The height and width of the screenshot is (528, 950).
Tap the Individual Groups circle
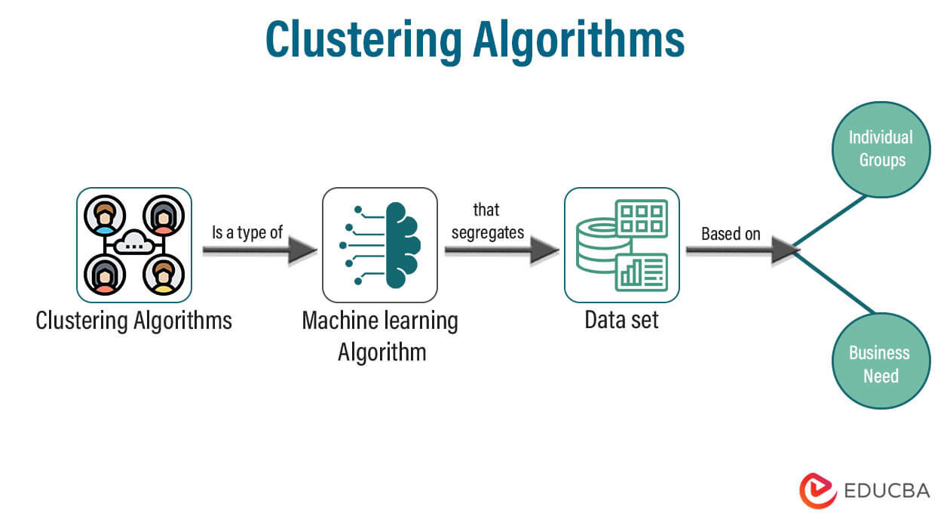[881, 149]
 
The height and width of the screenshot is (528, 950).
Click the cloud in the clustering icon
[134, 244]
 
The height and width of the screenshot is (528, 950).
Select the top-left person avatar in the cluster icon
[105, 215]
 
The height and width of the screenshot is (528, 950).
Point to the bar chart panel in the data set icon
[641, 272]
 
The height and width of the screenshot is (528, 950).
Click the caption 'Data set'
[621, 320]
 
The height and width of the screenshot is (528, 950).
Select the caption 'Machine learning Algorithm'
[380, 336]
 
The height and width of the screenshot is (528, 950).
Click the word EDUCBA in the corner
[887, 491]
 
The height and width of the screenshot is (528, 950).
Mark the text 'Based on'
[731, 234]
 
